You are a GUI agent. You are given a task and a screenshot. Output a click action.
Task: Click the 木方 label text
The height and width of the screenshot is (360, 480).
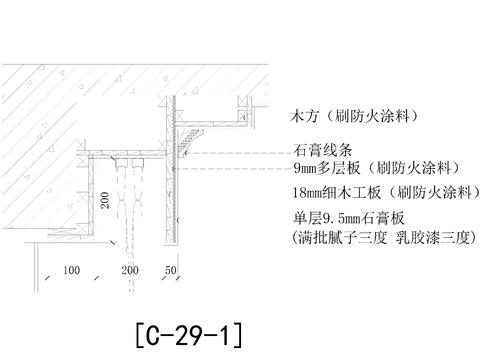click(301, 115)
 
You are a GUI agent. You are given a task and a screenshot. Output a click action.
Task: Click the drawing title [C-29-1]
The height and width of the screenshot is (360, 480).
click(186, 330)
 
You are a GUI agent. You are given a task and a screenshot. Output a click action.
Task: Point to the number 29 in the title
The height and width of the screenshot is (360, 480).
click(190, 330)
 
